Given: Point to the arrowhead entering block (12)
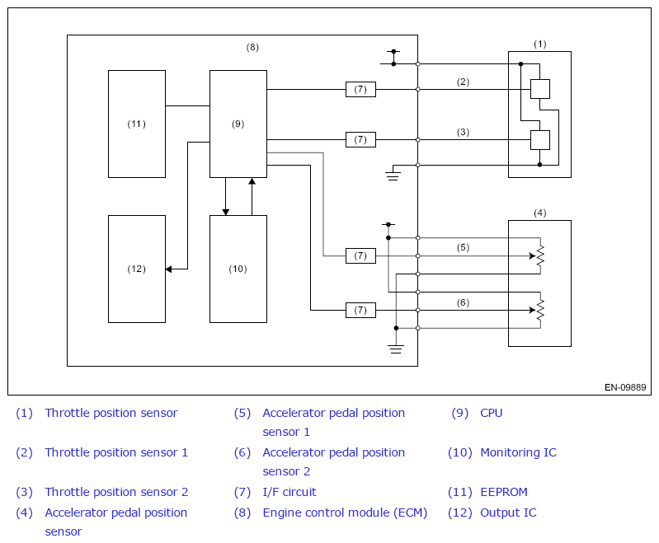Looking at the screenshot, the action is click(x=168, y=269).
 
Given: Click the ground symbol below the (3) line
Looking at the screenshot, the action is click(x=393, y=176).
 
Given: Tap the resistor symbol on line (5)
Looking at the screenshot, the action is click(x=540, y=255).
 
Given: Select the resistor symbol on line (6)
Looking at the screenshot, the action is click(x=540, y=311).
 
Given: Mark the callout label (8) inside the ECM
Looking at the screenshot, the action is click(x=252, y=48).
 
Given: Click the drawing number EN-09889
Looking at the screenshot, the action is click(x=625, y=387).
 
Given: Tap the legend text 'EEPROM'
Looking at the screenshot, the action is click(x=504, y=492).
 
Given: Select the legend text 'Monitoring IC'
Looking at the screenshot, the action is click(x=518, y=452).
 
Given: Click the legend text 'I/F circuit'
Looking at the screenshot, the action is click(x=289, y=492).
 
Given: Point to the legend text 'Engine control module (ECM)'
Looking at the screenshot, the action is click(x=345, y=513).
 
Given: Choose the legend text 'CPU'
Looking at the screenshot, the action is click(x=492, y=413).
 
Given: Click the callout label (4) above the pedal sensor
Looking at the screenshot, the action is click(x=540, y=213).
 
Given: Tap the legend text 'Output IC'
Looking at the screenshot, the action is click(x=508, y=513).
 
